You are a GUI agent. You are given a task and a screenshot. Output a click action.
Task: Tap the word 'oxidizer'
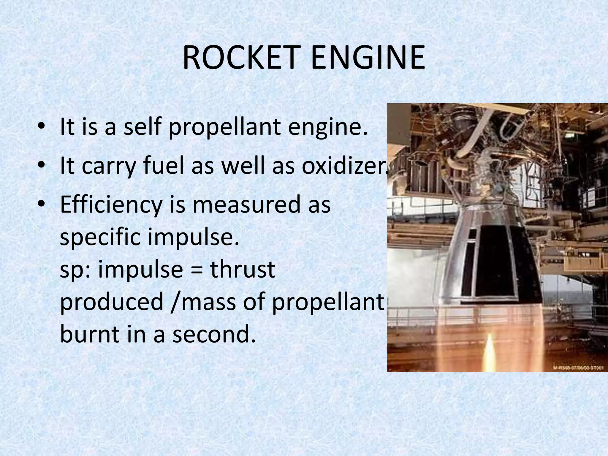344,166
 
